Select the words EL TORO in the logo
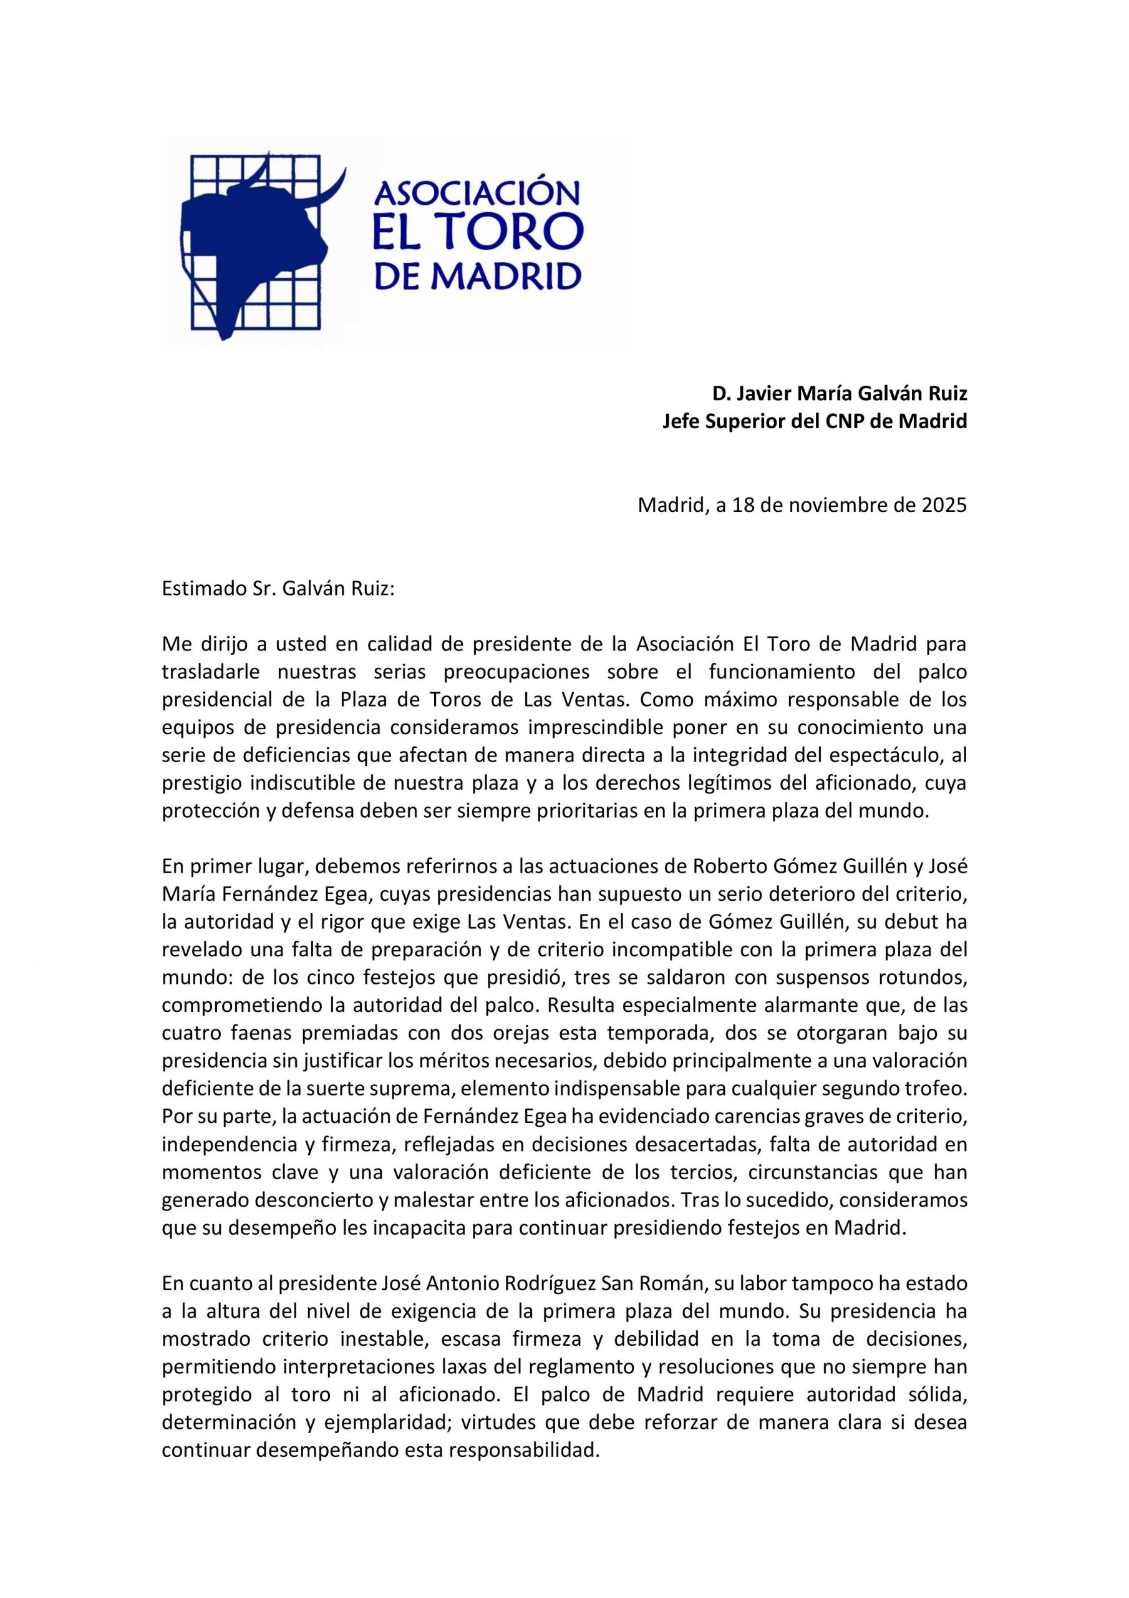point(477,234)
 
